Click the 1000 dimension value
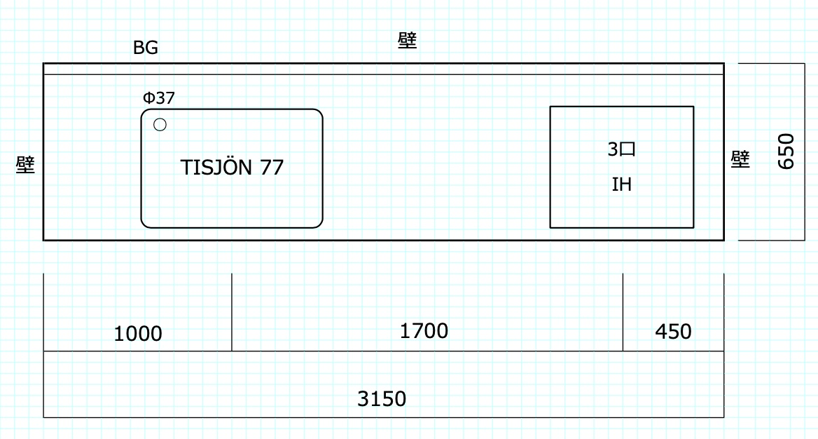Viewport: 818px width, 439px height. click(138, 334)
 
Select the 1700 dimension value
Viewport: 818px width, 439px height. click(424, 330)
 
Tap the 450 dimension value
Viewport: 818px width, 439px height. click(673, 331)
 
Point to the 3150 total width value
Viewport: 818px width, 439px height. click(382, 399)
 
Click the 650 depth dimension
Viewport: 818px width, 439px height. click(786, 151)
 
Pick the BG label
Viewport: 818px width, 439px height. click(146, 48)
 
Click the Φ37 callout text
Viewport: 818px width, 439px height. click(159, 98)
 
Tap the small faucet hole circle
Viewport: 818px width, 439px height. click(160, 126)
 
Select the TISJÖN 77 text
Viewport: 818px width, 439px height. click(232, 168)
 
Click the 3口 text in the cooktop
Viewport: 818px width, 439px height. click(621, 149)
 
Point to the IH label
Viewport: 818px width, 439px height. click(621, 184)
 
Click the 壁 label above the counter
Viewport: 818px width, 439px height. click(407, 41)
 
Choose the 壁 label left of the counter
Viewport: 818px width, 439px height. click(26, 166)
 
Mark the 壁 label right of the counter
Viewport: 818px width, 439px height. click(740, 159)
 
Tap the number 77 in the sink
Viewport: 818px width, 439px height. click(272, 168)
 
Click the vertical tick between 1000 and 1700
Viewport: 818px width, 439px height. click(232, 312)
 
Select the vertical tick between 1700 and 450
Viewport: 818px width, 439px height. click(623, 312)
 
